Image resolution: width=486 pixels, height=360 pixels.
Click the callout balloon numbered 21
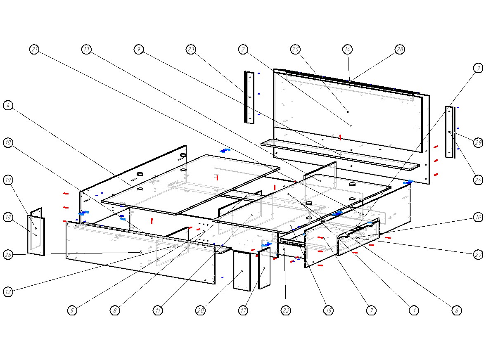35,50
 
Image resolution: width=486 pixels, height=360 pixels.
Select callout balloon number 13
86,50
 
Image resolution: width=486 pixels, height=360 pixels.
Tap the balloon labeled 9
139,50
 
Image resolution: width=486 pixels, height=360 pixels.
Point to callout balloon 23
191,50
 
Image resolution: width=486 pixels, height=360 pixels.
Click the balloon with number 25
295,50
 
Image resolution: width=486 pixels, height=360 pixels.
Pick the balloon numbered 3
478,69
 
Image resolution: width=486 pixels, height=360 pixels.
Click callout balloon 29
478,143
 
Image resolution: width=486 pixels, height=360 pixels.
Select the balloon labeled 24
478,180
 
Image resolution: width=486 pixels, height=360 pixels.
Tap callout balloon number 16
478,218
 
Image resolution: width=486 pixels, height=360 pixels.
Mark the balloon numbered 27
478,255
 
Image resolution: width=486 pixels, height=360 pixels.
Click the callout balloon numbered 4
8,106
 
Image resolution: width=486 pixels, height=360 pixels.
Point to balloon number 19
8,180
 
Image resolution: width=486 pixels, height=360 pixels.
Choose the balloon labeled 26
8,255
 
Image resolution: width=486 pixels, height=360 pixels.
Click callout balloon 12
8,292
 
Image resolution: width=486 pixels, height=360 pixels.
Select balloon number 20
201,310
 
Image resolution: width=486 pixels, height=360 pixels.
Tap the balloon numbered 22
286,310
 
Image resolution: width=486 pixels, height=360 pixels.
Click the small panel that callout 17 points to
264,268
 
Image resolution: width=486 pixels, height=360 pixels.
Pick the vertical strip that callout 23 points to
249,97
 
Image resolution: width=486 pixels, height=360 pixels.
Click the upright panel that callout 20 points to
242,271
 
